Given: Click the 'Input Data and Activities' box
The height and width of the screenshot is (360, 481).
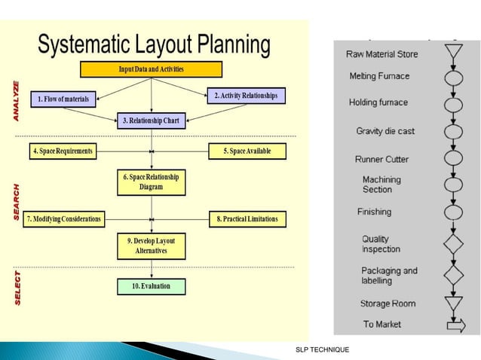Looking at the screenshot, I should (x=152, y=70).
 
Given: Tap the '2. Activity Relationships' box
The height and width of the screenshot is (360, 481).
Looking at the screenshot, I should (x=246, y=96).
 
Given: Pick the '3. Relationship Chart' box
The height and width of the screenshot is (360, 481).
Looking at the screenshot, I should (x=152, y=121).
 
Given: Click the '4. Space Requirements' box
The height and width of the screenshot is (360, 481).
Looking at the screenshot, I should (x=63, y=151).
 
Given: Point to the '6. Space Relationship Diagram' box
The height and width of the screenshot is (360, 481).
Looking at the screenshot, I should (x=151, y=182).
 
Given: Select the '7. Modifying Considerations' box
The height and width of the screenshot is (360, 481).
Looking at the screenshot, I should (x=63, y=219).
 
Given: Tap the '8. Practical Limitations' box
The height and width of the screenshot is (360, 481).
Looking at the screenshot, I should (x=247, y=219).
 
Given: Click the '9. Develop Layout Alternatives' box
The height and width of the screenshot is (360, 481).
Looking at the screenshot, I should (x=151, y=246).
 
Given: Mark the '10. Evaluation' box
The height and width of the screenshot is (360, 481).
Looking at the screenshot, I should (x=151, y=286).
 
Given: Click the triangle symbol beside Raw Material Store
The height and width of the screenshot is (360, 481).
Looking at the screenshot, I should (x=453, y=53).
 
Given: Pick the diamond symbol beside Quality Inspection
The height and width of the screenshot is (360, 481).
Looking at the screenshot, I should (x=453, y=244).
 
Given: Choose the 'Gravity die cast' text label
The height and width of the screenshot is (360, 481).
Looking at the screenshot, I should (x=385, y=132).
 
